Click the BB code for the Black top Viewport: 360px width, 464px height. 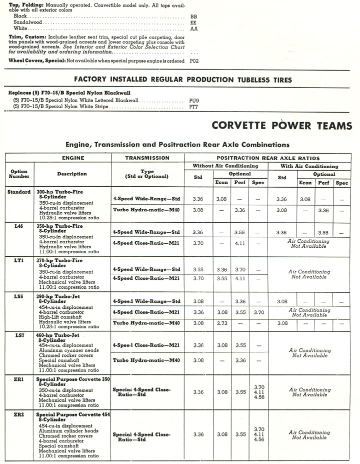click(x=193, y=17)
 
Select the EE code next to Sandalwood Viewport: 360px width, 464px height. click(x=193, y=23)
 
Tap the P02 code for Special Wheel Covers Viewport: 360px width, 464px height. click(x=194, y=60)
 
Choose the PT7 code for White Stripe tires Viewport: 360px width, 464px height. click(x=194, y=107)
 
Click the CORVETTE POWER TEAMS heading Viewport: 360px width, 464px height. click(x=281, y=126)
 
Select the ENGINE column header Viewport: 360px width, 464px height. click(x=72, y=158)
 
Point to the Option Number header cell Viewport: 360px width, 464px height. click(x=19, y=174)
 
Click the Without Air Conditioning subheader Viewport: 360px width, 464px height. click(x=226, y=166)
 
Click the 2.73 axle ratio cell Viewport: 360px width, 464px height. click(x=222, y=323)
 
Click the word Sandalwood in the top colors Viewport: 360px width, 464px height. click(x=28, y=23)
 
